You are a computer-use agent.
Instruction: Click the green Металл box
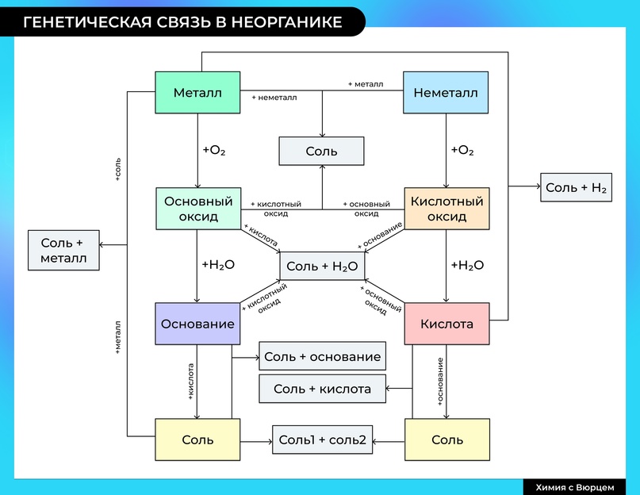point(197,93)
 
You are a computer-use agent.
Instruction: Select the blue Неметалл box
point(446,93)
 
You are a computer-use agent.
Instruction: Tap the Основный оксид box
point(197,209)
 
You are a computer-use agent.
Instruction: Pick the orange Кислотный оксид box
point(446,209)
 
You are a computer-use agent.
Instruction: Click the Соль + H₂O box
point(321,267)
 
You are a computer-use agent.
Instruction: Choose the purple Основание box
point(197,324)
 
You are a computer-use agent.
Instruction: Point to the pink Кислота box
point(446,324)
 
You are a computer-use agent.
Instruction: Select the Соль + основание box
point(322,357)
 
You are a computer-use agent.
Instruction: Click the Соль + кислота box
point(322,389)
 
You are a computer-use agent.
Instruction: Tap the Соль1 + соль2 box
point(322,439)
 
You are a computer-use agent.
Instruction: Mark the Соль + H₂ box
point(576,188)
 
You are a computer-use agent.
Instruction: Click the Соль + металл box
point(63,250)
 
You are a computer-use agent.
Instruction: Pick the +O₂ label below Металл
point(214,150)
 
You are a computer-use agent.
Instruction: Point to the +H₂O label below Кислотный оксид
point(466,265)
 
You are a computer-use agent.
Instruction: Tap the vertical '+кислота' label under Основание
point(191,381)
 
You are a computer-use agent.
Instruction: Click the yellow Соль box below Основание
point(197,439)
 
